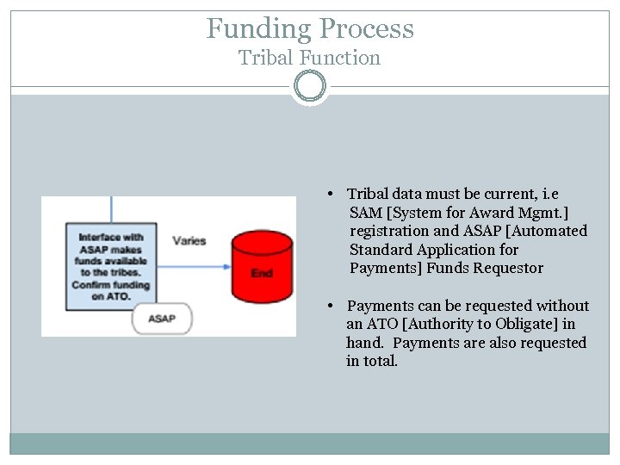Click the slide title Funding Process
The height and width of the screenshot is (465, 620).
click(310, 28)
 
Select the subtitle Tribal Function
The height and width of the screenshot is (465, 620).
click(310, 59)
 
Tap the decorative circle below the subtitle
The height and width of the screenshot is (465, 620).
click(310, 86)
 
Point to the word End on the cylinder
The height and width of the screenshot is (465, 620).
click(261, 273)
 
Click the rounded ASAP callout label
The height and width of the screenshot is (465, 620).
click(161, 319)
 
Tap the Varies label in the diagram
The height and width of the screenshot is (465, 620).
click(189, 240)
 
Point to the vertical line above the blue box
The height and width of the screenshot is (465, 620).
click(111, 209)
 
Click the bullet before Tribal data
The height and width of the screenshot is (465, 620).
click(331, 195)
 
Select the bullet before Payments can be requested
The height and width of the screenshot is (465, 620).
click(331, 306)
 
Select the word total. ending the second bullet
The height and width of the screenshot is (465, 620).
click(381, 361)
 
